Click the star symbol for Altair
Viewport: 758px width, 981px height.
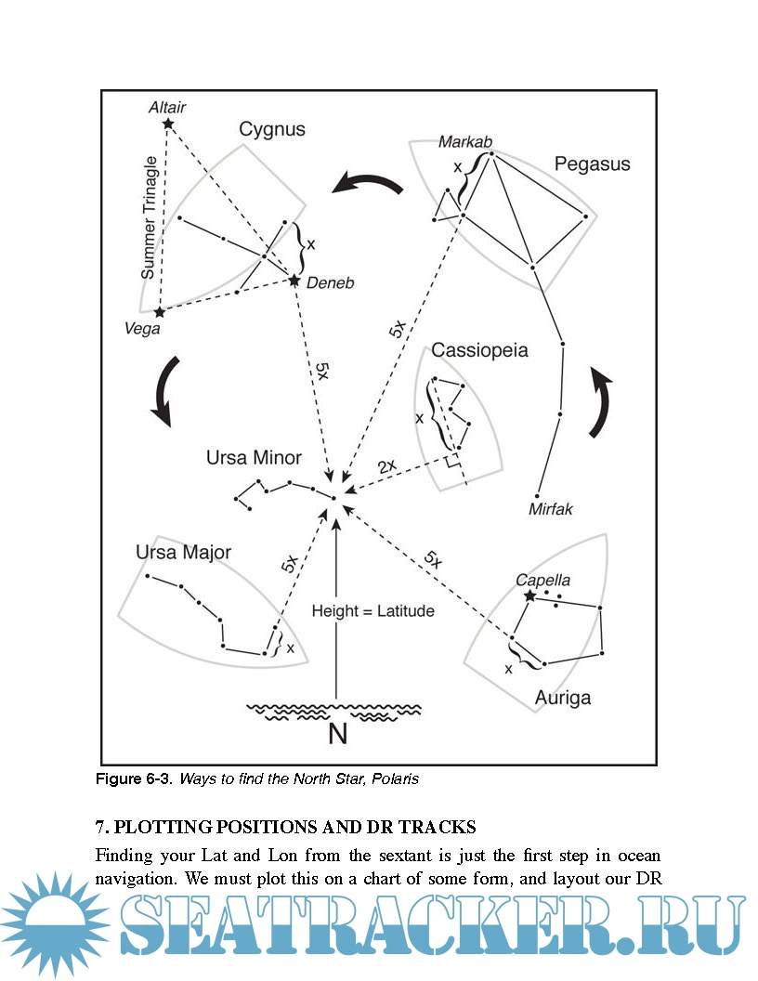click(167, 123)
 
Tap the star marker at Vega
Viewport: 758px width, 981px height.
click(159, 312)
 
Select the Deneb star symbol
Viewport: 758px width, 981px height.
click(294, 280)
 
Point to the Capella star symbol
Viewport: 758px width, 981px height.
click(529, 595)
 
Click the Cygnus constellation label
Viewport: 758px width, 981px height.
click(272, 129)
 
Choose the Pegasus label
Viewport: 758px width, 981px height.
click(592, 163)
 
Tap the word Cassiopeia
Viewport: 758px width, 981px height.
click(479, 351)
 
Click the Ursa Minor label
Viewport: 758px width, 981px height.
click(254, 458)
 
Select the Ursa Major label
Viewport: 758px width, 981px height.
click(183, 553)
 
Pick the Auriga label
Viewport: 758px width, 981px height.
click(563, 696)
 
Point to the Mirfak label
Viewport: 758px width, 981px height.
click(551, 510)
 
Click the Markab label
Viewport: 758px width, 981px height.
click(465, 141)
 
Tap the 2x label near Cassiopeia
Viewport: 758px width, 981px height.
click(386, 464)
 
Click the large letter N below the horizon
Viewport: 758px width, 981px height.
click(337, 734)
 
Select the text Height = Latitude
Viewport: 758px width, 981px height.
click(372, 611)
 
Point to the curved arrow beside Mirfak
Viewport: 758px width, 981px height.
click(601, 401)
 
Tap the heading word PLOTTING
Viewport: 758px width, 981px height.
click(176, 827)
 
